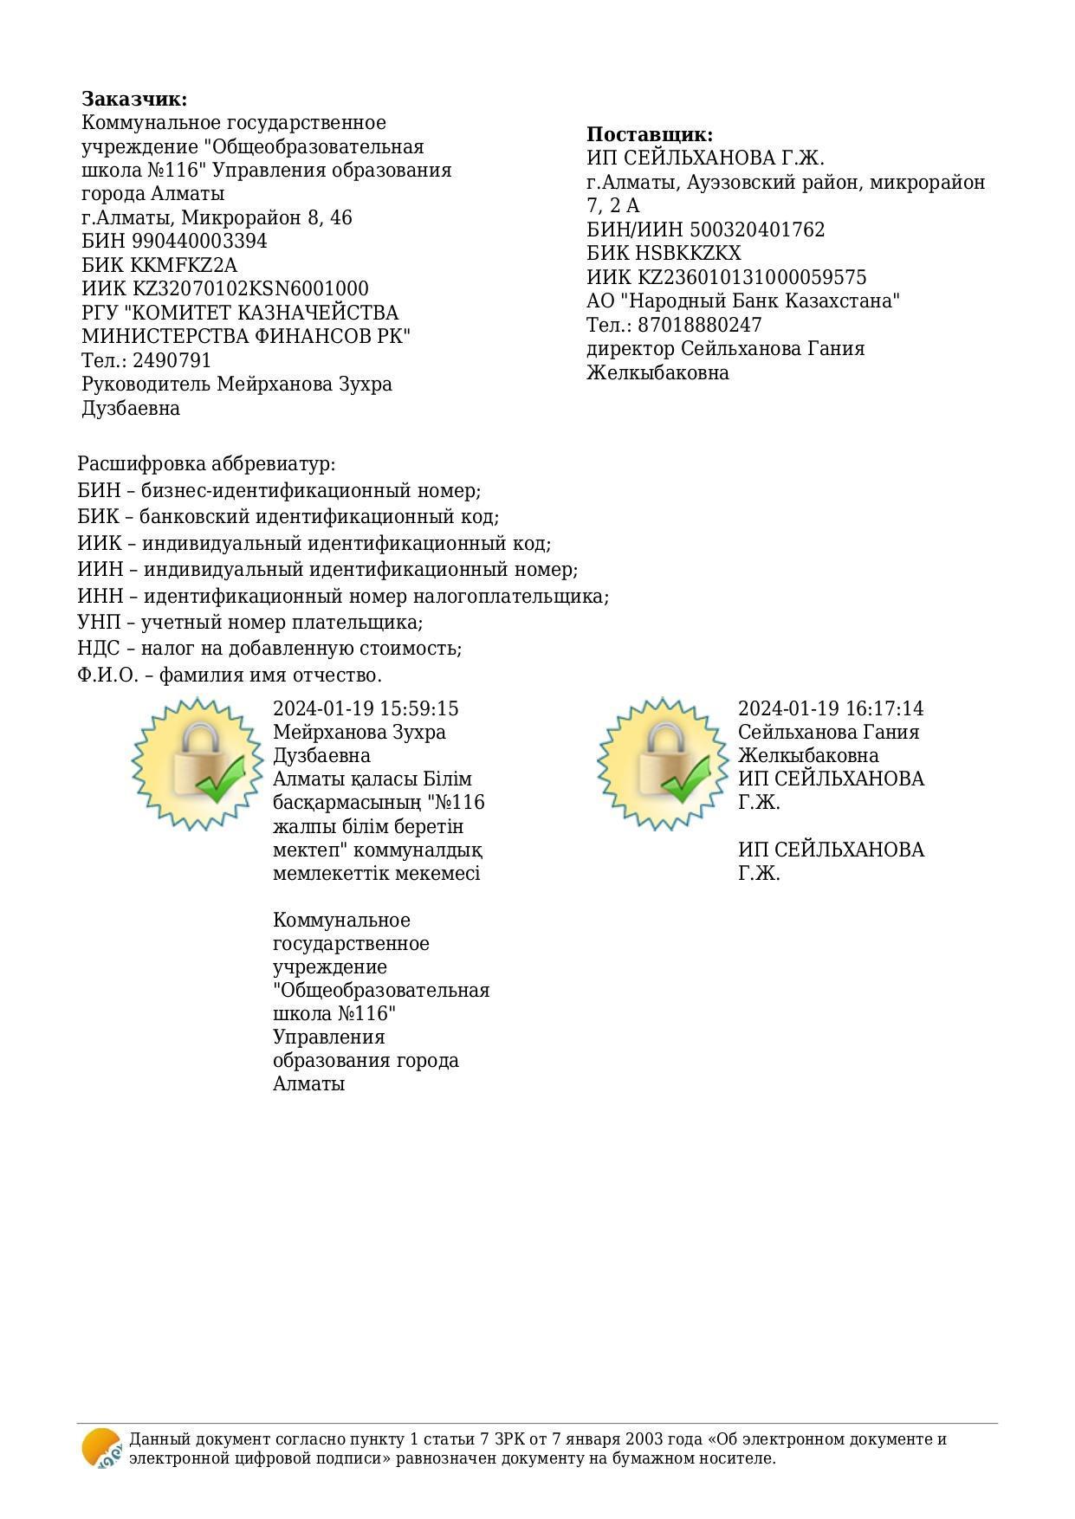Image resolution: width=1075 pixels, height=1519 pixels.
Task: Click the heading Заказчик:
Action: (134, 99)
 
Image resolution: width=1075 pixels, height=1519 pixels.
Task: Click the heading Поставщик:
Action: (650, 134)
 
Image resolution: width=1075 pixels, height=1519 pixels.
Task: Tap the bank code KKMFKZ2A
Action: (184, 265)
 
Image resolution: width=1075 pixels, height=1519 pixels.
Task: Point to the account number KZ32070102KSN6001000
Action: (249, 288)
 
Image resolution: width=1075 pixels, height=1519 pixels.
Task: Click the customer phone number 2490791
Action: (172, 360)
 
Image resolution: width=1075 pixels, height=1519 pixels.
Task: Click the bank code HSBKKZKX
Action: (689, 253)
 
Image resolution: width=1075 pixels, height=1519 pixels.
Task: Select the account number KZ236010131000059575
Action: (752, 277)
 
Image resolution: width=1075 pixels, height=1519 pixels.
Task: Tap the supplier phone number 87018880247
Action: (700, 325)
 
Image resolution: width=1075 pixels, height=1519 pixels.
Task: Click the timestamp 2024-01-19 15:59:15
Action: (366, 708)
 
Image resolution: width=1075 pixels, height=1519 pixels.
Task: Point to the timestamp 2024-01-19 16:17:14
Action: (831, 708)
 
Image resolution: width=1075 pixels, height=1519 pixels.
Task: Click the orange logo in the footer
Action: (101, 1448)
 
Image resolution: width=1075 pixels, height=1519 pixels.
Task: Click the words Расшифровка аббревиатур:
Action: (206, 464)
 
